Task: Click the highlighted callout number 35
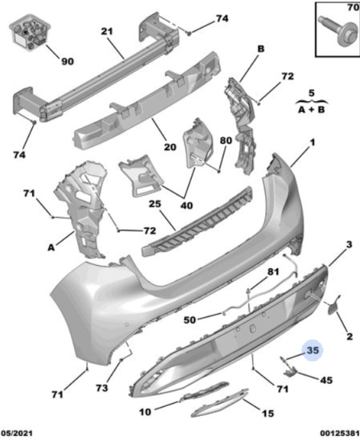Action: pyautogui.click(x=313, y=350)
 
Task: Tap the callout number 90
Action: pyautogui.click(x=67, y=61)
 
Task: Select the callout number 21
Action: pyautogui.click(x=107, y=31)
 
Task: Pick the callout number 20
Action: pyautogui.click(x=170, y=147)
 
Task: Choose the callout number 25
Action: pyautogui.click(x=155, y=204)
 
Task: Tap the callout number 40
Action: pyautogui.click(x=187, y=205)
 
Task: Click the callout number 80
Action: pyautogui.click(x=226, y=140)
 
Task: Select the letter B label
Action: pyautogui.click(x=261, y=49)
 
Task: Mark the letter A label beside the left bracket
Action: pyautogui.click(x=51, y=247)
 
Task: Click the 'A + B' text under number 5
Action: pyautogui.click(x=311, y=109)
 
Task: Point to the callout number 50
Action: pyautogui.click(x=189, y=320)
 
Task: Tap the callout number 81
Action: pyautogui.click(x=273, y=271)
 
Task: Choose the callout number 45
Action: pyautogui.click(x=326, y=380)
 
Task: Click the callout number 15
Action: pyautogui.click(x=267, y=413)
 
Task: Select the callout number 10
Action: pyautogui.click(x=145, y=412)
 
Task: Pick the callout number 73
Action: pyautogui.click(x=101, y=388)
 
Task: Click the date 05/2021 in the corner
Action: pyautogui.click(x=17, y=433)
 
